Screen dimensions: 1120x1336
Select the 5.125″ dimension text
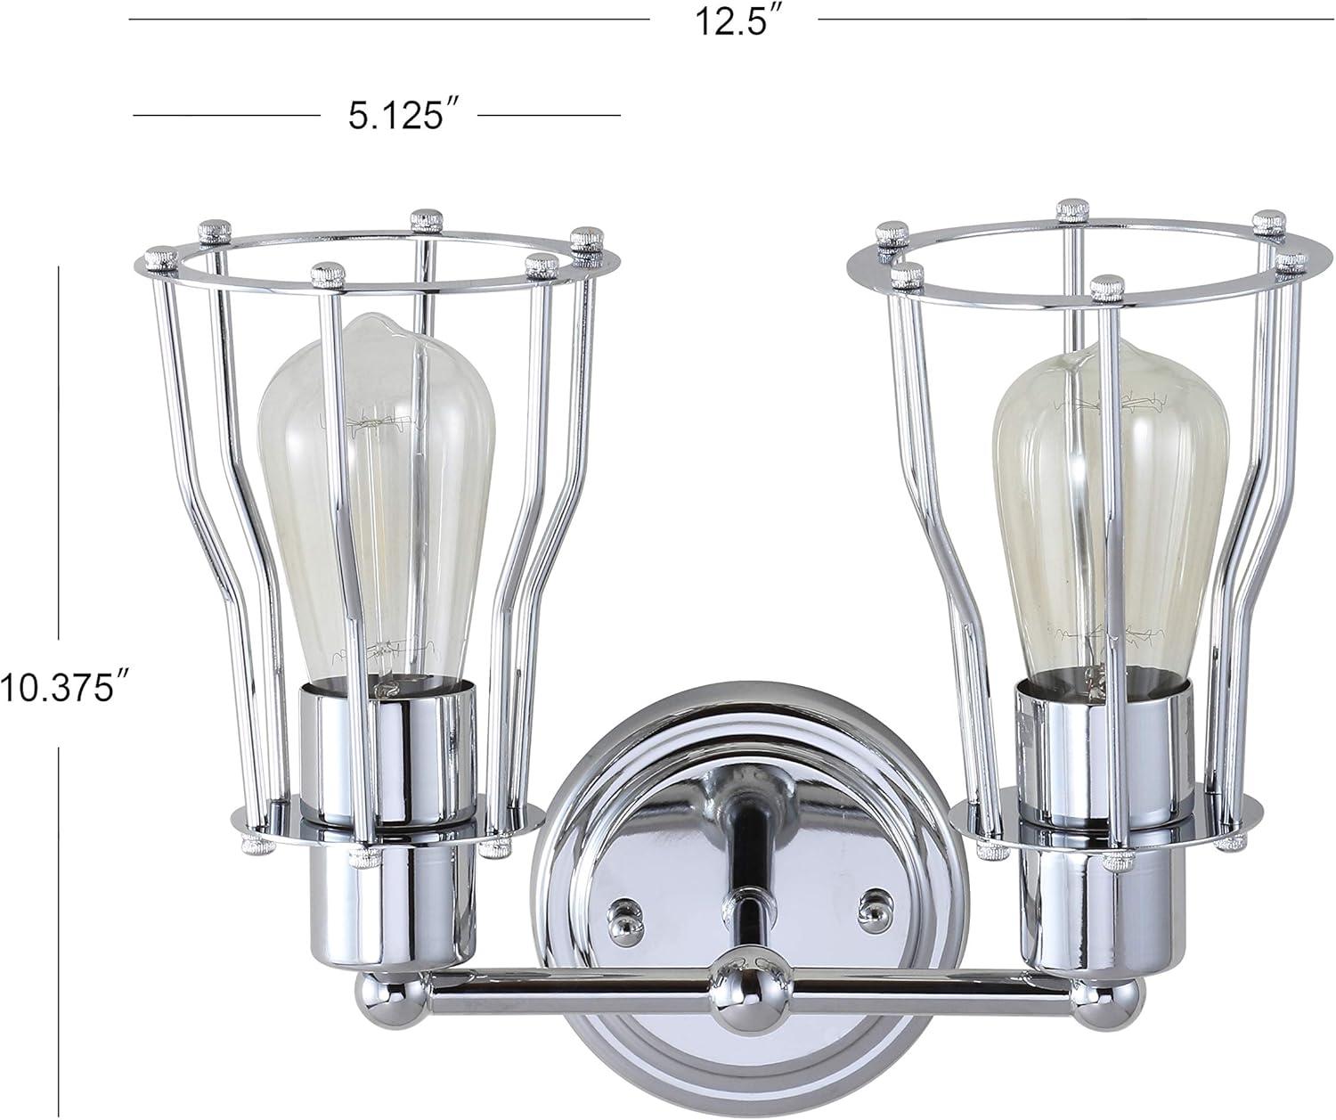click(x=396, y=117)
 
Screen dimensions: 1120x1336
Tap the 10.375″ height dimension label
click(x=60, y=689)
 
